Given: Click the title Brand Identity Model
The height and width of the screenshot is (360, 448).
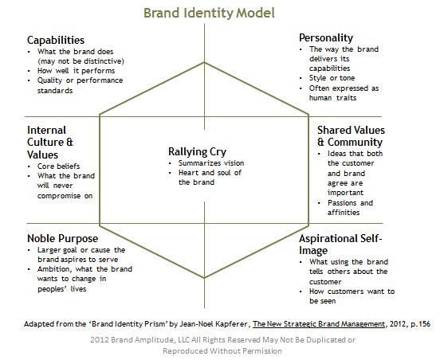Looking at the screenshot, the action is pos(209,13).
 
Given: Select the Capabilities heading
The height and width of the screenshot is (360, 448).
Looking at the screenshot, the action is pos(56,41).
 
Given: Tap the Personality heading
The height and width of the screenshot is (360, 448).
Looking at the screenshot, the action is pos(326,38).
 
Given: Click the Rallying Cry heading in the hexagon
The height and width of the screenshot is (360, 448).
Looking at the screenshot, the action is pos(197,152).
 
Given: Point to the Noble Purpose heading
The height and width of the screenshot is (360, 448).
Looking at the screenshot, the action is pos(62,238).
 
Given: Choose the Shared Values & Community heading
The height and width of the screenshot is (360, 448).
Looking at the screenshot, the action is pos(351,136).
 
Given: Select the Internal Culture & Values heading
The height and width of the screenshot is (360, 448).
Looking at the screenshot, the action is pos(50,143).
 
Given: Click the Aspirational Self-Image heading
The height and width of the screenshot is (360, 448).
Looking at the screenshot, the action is pos(340,245).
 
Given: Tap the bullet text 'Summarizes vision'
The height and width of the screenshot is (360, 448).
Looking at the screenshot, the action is pos(211,163).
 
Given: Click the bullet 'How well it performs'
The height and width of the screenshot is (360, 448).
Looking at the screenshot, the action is pos(76,71).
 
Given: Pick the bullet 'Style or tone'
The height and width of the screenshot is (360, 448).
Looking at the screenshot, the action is pos(332,78).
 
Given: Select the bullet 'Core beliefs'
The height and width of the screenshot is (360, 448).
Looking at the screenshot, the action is pos(58,166).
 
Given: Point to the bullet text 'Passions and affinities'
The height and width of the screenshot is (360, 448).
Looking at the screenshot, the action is pos(350,208).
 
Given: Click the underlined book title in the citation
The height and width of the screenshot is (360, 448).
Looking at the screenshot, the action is pos(319,324).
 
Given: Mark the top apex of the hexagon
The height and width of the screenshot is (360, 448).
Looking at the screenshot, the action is pos(204,62).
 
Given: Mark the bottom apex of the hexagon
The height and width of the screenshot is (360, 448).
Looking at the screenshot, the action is pos(204,278).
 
